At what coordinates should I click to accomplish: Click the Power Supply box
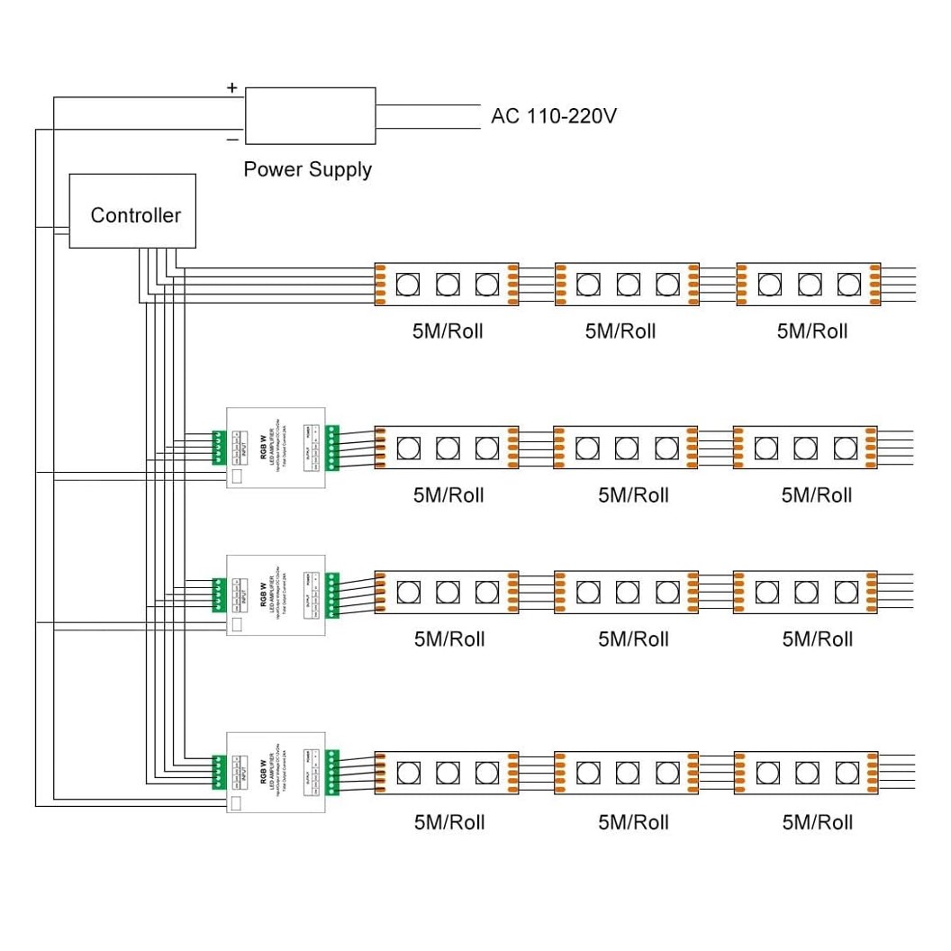pos(310,115)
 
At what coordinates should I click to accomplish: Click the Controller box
pos(132,211)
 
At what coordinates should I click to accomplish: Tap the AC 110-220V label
pos(553,116)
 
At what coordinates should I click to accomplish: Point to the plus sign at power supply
pos(231,87)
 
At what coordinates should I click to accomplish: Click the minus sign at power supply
pos(231,140)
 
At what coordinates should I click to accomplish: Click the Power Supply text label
pos(307,169)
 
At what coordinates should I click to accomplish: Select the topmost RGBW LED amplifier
pos(275,448)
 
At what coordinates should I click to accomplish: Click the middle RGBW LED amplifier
pos(275,594)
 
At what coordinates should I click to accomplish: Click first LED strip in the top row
pos(447,285)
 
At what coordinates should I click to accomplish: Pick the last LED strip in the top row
pos(808,285)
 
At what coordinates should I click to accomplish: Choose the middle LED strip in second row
pos(626,448)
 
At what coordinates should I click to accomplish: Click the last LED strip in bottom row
pos(805,772)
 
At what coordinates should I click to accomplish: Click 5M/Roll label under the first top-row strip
pos(448,331)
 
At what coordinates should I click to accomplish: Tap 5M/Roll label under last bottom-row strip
pos(817,821)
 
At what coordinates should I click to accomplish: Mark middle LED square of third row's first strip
pos(448,592)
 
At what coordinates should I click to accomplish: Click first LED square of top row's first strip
pos(407,285)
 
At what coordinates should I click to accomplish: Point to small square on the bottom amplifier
pos(238,803)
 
